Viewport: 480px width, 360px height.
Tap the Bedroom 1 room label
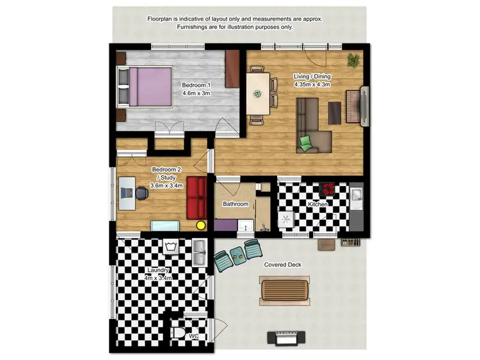click(x=196, y=89)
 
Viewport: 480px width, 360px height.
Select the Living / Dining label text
click(x=312, y=80)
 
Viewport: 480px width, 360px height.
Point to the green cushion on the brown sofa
click(x=306, y=142)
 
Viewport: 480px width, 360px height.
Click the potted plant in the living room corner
click(x=353, y=60)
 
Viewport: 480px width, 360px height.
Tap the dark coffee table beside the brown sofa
click(x=335, y=113)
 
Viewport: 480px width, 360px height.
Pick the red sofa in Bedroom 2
click(x=196, y=198)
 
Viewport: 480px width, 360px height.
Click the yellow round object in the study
click(x=200, y=225)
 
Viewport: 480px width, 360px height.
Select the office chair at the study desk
click(x=142, y=193)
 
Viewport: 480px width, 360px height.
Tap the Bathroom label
click(x=235, y=204)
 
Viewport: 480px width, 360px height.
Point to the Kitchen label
click(x=319, y=204)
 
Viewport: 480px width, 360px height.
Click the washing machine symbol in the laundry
click(x=170, y=247)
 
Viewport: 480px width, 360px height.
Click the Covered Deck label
click(x=282, y=265)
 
